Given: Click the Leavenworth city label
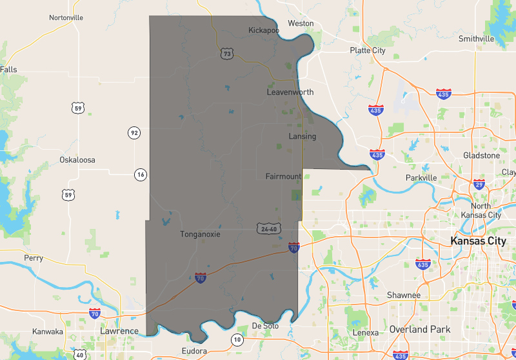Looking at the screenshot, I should pos(290,92).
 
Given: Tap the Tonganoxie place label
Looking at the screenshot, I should pos(200,234).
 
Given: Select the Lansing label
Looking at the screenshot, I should pos(302,136).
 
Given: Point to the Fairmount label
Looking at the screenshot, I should pos(283,176).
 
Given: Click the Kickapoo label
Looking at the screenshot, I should pos(264,30).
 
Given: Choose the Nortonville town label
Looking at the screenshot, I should pos(66,17).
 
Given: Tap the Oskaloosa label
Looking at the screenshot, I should pos(77,159).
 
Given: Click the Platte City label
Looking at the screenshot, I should pos(368,50).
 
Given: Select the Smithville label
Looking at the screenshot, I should pos(476,39).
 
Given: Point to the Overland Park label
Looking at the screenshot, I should pos(419,329).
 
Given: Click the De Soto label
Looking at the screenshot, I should pos(265,326).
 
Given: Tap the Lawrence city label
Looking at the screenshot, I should pos(119,331).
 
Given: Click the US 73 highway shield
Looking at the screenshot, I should pos(226,54).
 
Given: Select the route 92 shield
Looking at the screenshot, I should pos(134,134).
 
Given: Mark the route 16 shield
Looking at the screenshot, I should pos(141,174).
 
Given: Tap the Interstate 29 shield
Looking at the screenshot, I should pos(479,184).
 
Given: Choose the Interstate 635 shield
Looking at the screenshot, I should pos(423,264).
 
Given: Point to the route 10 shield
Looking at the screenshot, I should pos(238,339).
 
